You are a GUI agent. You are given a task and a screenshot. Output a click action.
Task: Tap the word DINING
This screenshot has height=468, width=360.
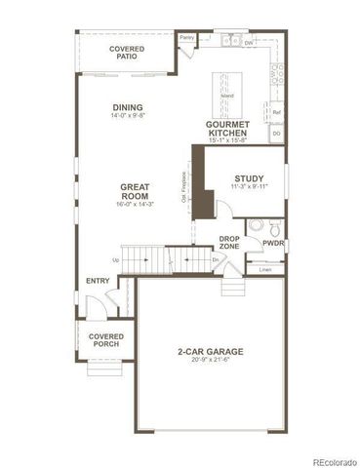128,107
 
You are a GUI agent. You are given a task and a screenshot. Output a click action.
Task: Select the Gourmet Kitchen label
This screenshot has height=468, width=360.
227,130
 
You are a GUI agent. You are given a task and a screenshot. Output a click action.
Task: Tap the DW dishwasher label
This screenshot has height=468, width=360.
250,43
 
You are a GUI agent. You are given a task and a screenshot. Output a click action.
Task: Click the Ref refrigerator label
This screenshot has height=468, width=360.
276,113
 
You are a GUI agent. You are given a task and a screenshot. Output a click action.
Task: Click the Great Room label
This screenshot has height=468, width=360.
134,191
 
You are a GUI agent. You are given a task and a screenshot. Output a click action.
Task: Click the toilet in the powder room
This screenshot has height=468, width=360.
255,226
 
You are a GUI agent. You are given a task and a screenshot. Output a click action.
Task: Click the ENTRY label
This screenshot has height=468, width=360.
98,281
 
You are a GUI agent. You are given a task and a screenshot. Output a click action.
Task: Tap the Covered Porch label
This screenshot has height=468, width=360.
105,340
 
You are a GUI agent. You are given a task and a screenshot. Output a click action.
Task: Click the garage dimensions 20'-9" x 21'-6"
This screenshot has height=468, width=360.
210,362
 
